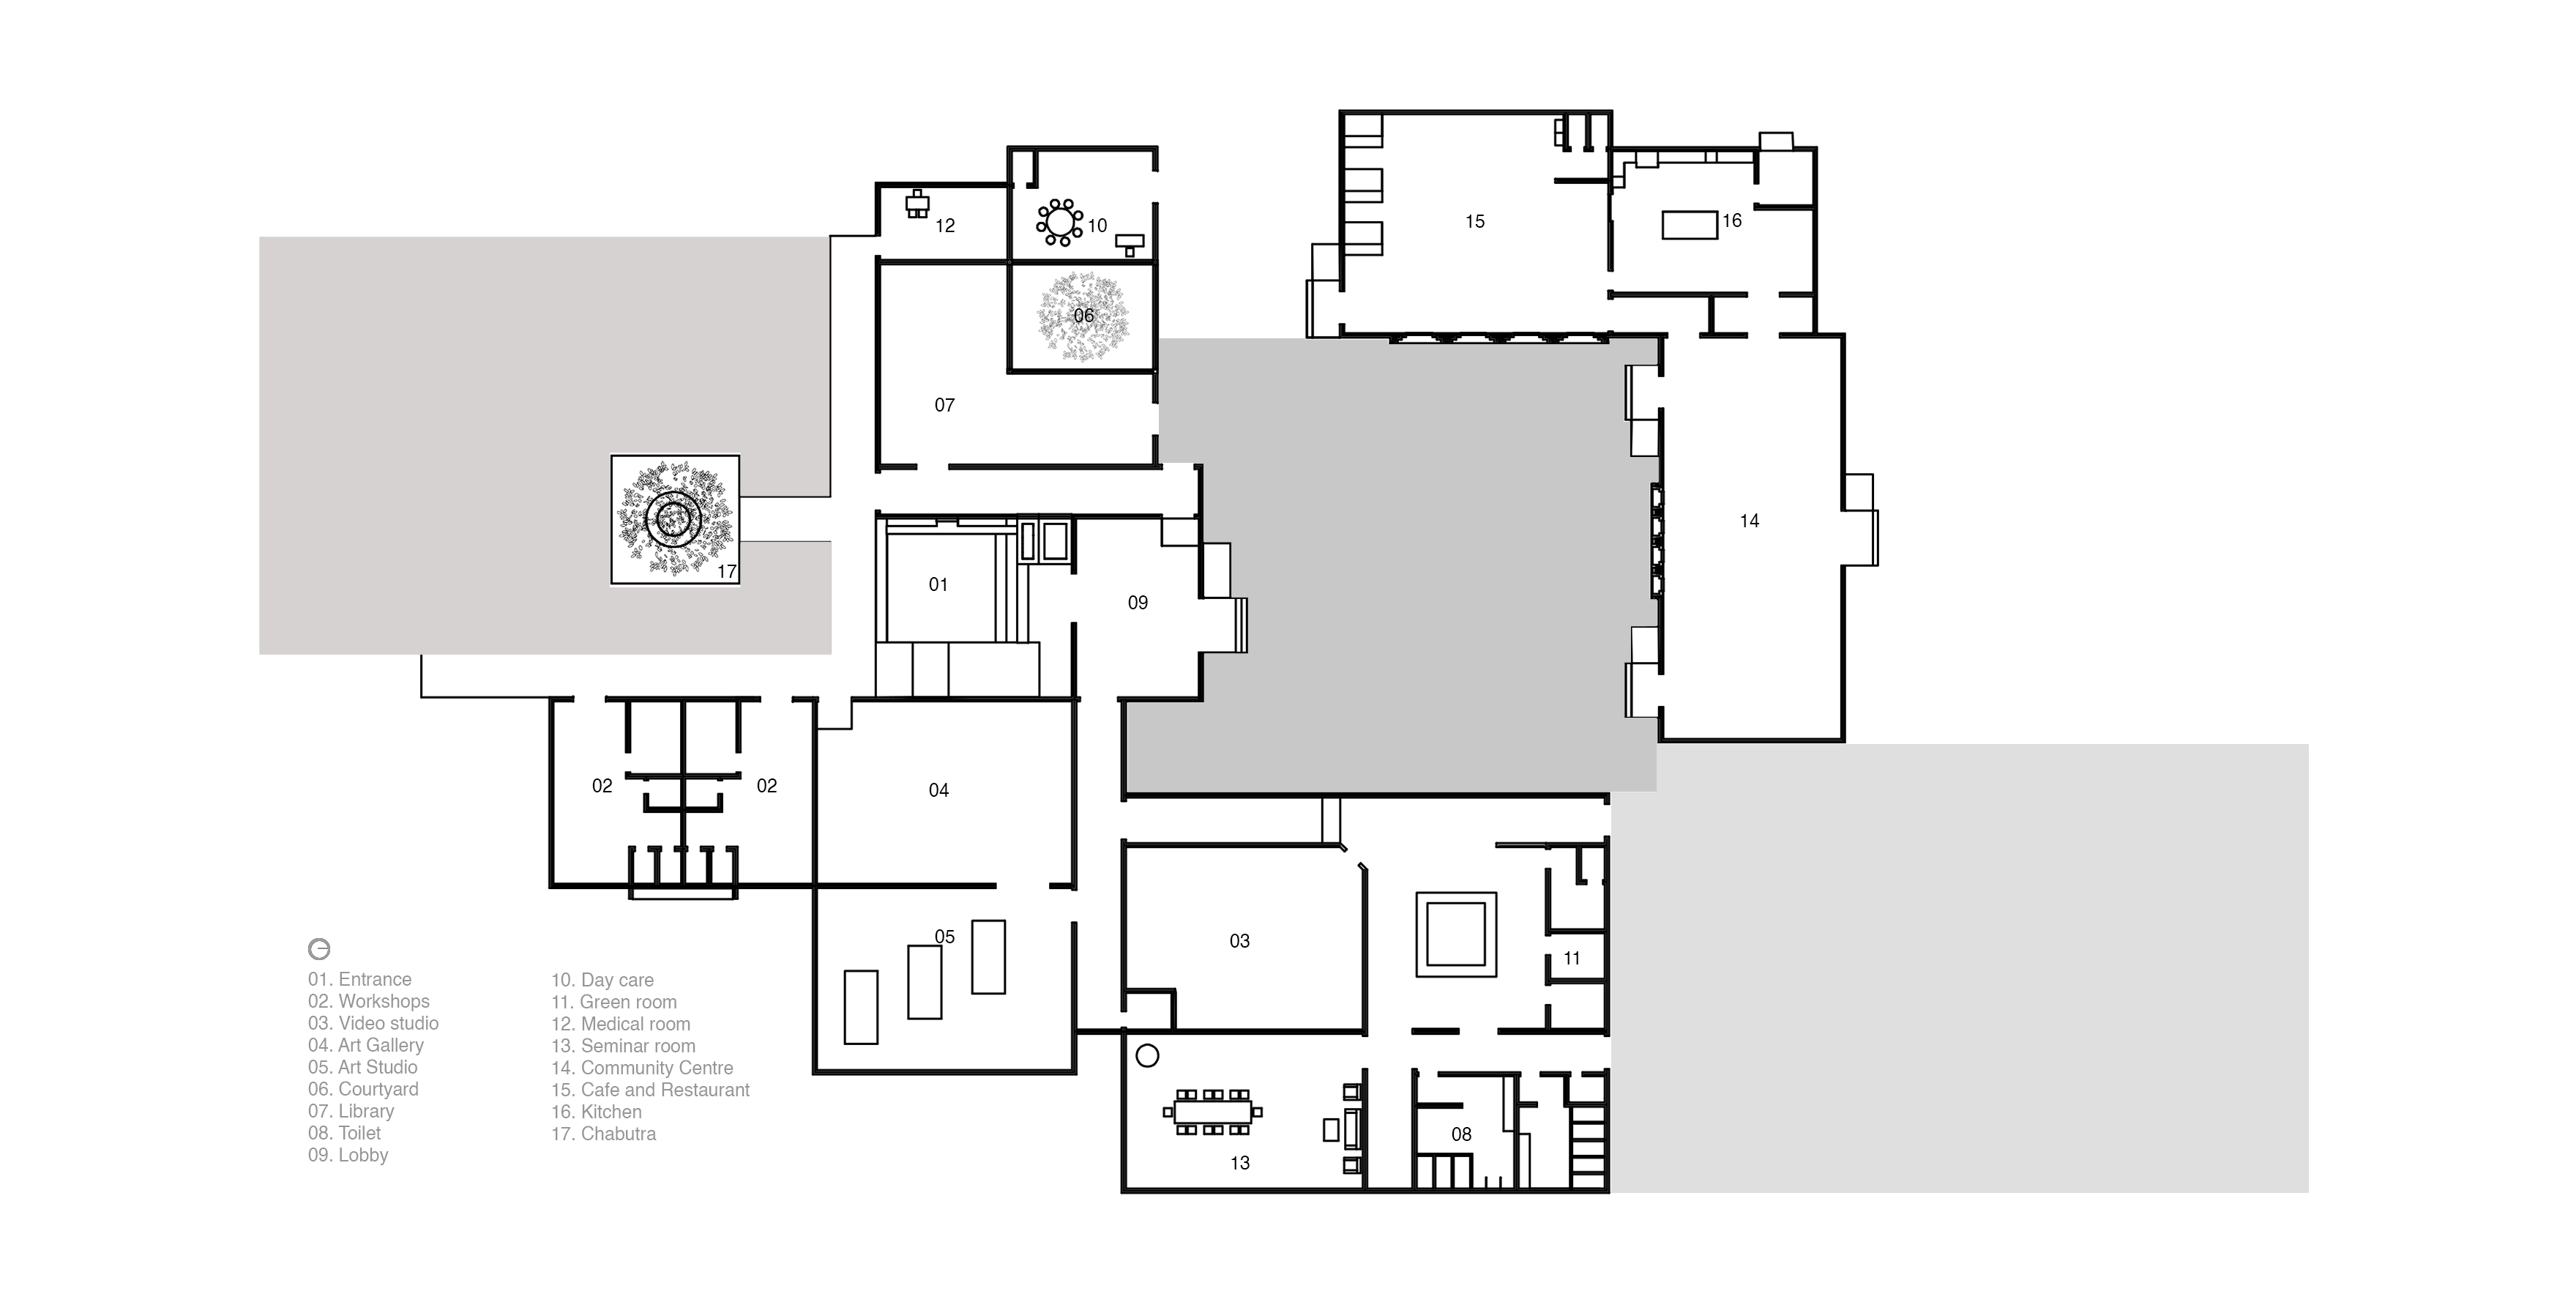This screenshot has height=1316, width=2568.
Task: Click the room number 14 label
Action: click(x=1750, y=521)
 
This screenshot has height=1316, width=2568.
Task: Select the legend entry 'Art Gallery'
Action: click(x=366, y=1045)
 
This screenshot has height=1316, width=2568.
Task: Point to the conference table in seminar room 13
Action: click(x=1212, y=1112)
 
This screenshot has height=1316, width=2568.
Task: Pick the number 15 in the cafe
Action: click(x=1475, y=221)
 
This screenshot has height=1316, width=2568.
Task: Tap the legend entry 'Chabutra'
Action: click(x=604, y=1134)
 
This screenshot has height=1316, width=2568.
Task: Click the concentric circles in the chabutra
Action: click(x=674, y=518)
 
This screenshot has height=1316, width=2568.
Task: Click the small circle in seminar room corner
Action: click(x=1147, y=1056)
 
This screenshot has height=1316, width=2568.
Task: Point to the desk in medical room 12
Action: click(x=917, y=204)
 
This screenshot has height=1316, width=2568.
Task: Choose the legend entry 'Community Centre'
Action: click(x=642, y=1068)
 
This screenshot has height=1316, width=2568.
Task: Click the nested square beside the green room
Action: click(x=1457, y=934)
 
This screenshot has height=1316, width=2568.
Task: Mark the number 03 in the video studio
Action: click(x=1239, y=940)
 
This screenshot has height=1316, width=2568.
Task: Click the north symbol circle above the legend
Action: click(x=319, y=948)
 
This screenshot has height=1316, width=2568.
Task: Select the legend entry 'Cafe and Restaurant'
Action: click(x=651, y=1090)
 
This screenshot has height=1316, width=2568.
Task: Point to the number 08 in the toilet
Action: click(x=1461, y=1134)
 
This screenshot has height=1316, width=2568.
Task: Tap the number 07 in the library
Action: click(x=944, y=405)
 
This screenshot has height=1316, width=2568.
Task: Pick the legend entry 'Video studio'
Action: click(x=373, y=1023)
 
